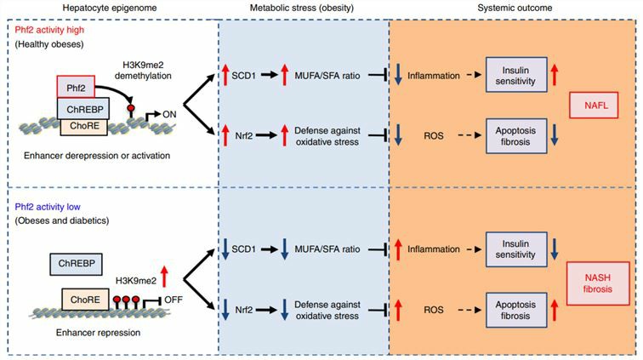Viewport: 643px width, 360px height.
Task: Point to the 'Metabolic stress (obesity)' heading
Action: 303,8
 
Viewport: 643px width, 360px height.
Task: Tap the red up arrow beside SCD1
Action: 227,72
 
